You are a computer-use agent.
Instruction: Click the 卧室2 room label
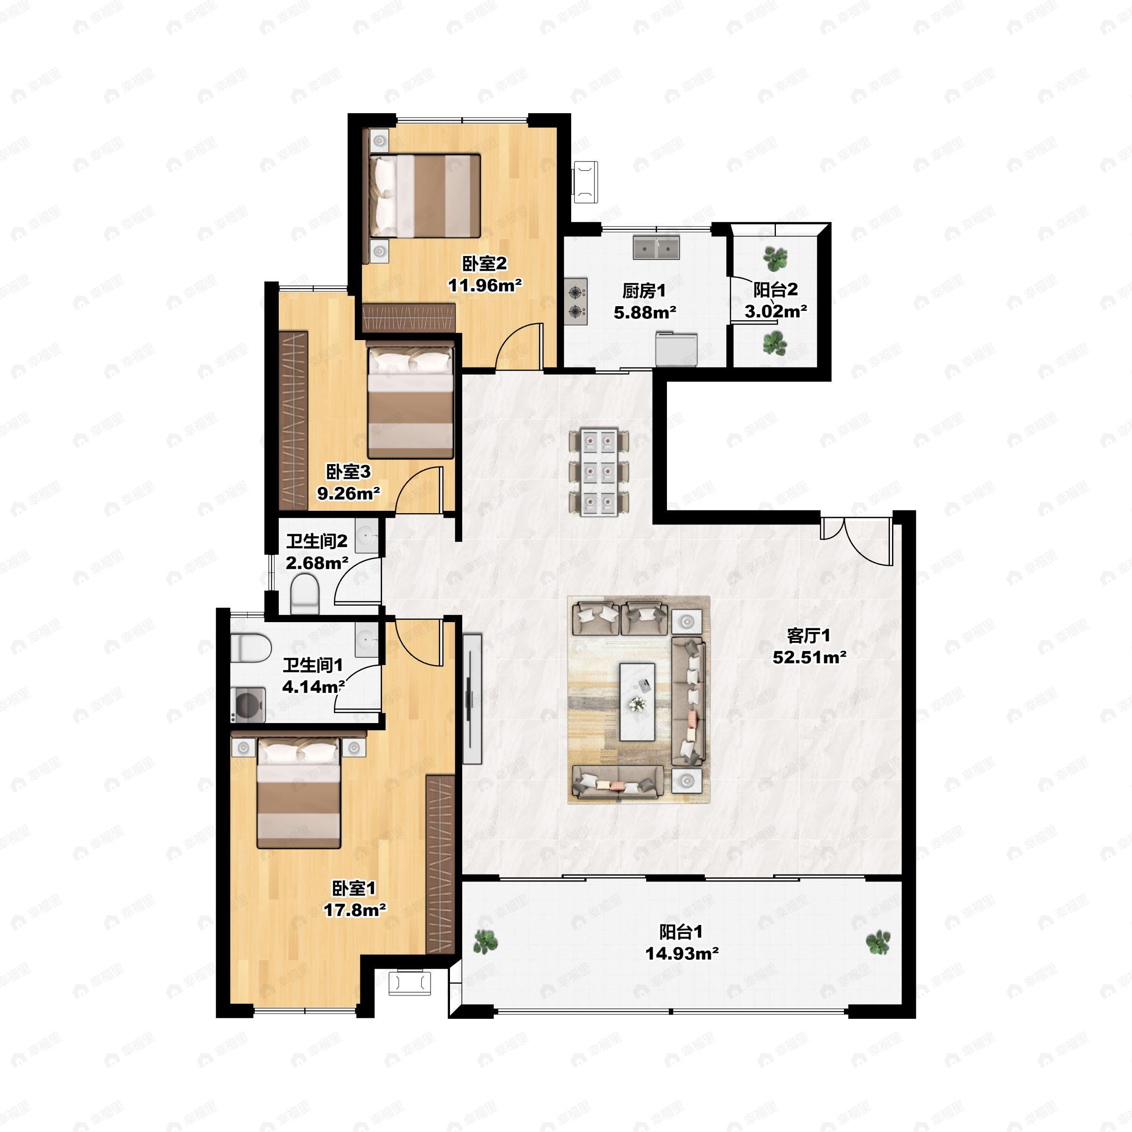click(x=484, y=264)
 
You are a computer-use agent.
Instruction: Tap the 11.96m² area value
click(x=484, y=285)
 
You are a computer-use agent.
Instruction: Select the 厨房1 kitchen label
click(x=644, y=291)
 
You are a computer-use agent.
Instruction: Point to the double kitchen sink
click(x=656, y=247)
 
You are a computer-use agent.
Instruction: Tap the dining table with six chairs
click(x=599, y=472)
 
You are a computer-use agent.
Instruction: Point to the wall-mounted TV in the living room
click(x=472, y=699)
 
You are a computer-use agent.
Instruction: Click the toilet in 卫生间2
click(x=304, y=593)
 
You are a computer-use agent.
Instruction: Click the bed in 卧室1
click(x=299, y=792)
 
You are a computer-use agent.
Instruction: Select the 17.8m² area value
click(x=355, y=910)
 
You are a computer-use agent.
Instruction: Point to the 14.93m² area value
click(x=682, y=953)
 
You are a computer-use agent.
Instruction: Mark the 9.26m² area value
click(x=349, y=493)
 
